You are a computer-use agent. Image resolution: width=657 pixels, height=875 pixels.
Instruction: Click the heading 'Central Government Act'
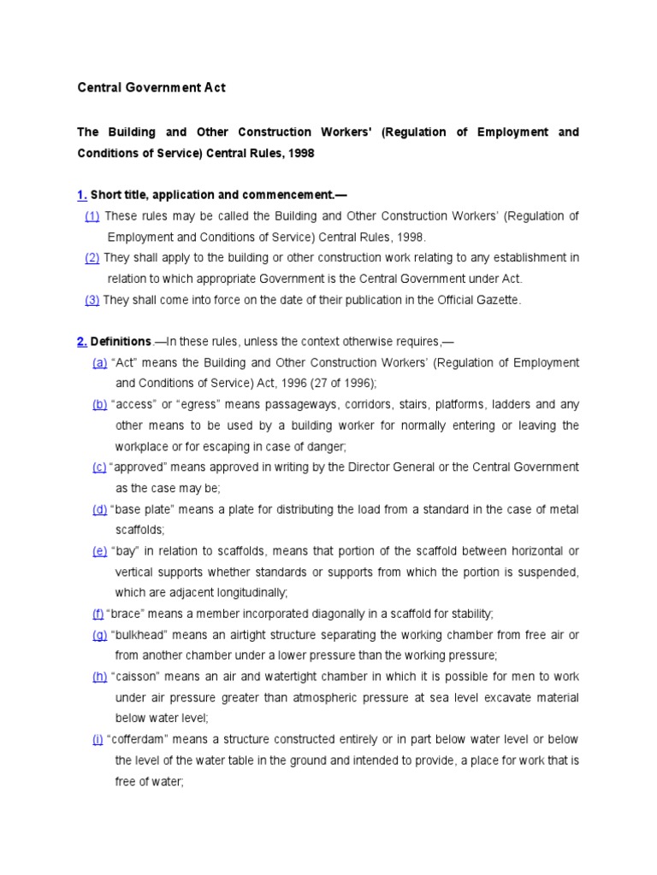point(151,87)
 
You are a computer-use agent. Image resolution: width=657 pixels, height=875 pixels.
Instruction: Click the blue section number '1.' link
point(82,195)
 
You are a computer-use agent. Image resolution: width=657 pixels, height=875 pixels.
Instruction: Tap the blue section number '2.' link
point(82,342)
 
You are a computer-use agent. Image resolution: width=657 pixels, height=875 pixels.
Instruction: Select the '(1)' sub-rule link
point(92,216)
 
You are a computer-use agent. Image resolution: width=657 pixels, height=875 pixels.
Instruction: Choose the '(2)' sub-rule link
point(92,258)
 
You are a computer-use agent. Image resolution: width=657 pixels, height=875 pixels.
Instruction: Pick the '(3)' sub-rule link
point(92,300)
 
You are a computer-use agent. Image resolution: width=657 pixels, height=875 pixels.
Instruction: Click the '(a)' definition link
point(99,363)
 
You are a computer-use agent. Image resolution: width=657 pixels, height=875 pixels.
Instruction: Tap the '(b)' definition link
point(99,405)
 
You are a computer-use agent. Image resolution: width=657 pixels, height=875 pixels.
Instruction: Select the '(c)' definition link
point(99,467)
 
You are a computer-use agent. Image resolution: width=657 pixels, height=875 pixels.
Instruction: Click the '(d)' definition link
point(99,509)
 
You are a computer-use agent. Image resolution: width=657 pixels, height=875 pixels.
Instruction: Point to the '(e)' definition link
point(99,551)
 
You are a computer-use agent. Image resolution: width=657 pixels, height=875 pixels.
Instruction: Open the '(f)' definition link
point(98,614)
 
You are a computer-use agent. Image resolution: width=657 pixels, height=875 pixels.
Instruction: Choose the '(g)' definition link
point(99,635)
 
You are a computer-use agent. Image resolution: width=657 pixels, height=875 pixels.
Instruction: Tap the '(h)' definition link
point(99,677)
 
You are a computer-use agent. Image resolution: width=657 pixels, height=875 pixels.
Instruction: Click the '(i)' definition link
point(98,739)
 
